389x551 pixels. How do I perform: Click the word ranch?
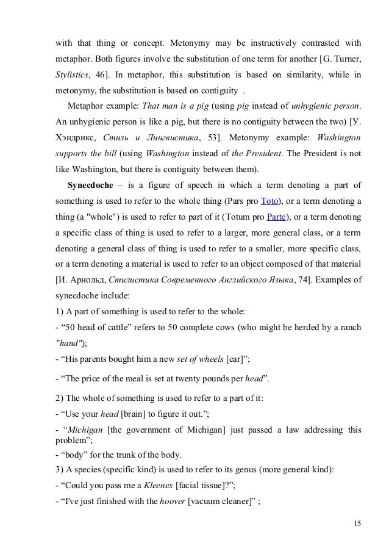(349, 327)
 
